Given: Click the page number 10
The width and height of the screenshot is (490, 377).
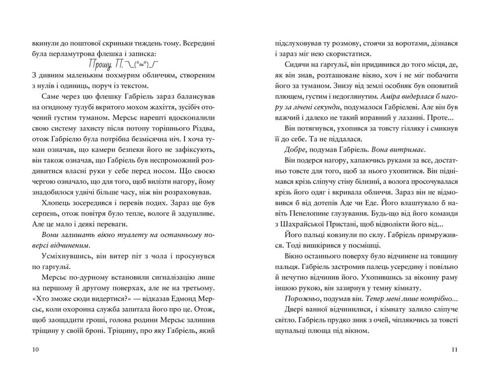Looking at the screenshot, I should tap(34, 350).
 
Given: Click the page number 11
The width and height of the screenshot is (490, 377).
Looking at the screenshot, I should tap(455, 350).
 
